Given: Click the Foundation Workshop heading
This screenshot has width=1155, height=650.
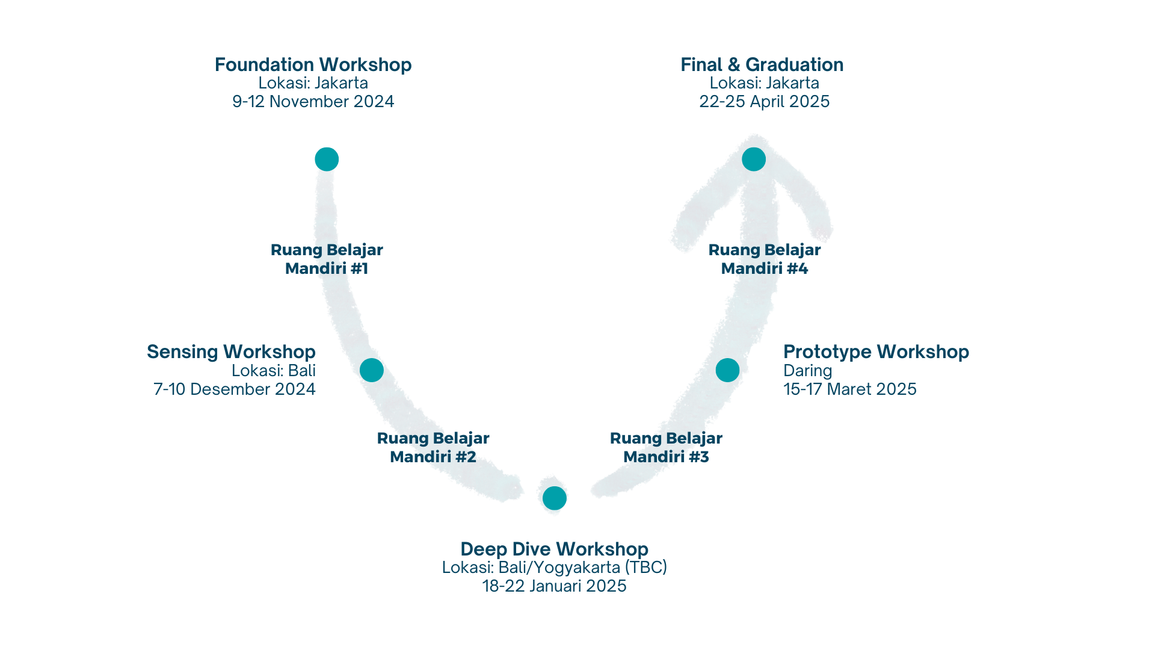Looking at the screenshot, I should [313, 64].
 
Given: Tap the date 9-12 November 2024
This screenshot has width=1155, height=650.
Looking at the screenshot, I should [313, 101].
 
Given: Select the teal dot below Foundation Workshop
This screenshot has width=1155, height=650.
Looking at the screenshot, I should [327, 159].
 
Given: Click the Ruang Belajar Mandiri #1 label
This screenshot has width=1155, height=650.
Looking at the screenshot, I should [327, 259].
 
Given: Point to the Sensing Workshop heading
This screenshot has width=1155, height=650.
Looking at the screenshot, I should [231, 351].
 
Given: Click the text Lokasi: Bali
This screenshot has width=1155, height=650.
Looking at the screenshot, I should [274, 371].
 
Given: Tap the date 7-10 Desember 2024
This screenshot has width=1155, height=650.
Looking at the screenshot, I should [234, 389].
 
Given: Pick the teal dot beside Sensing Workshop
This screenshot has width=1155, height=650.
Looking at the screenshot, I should [372, 370].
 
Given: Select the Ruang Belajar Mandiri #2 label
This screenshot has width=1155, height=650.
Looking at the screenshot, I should [433, 447].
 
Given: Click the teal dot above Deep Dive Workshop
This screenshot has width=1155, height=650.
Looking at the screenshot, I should [554, 498].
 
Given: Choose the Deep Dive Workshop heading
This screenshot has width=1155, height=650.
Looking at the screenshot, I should [554, 549].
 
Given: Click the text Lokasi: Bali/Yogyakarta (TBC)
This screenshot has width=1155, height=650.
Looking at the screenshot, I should [554, 568].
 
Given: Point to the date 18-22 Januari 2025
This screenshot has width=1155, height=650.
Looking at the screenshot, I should [554, 586].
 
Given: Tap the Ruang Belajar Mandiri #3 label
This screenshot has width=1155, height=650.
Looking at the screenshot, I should [666, 447].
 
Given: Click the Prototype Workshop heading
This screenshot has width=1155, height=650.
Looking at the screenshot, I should [876, 351].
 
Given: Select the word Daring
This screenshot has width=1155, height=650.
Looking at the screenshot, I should [808, 371].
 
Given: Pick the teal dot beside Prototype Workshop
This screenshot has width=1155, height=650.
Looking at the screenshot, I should [727, 370].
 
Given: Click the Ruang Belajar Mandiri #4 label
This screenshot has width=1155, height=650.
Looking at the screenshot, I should [765, 259].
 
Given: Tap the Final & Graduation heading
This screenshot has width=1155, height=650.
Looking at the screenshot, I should [762, 64].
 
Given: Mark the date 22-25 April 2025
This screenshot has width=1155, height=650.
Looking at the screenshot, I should [764, 101].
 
